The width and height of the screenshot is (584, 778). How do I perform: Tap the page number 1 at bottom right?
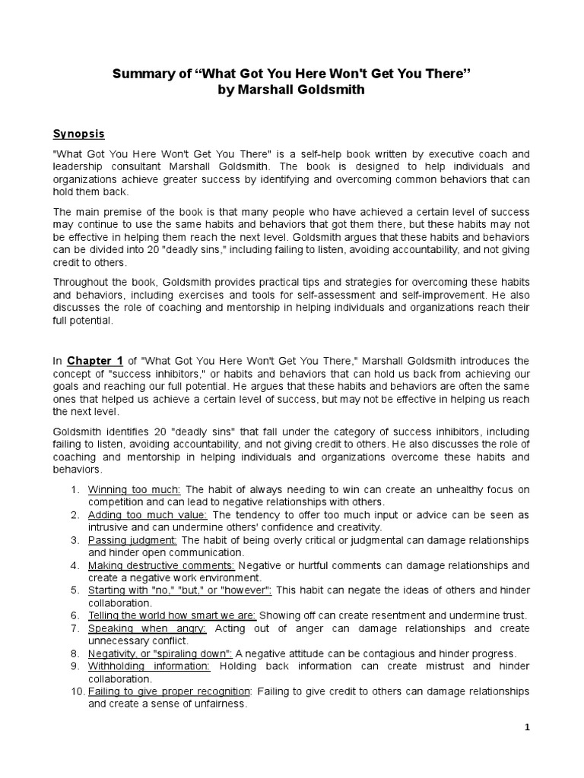pos(527,727)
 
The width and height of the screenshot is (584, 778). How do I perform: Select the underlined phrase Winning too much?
pos(135,489)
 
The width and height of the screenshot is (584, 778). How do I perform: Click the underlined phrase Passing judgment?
pos(132,539)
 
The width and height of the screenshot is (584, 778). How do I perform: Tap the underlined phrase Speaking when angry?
pos(148,628)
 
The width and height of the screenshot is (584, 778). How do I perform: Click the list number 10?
pos(75,691)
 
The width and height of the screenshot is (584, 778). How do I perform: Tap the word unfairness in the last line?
pos(222,704)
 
